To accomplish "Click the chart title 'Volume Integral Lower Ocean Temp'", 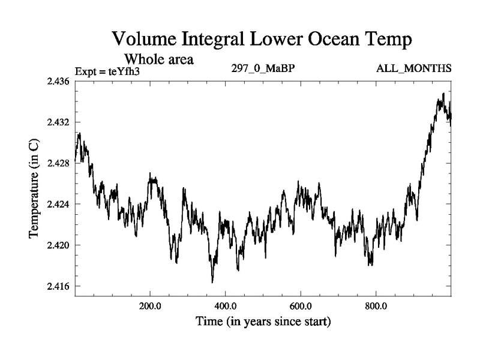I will click(262, 40).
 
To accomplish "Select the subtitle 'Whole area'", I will click(158, 59).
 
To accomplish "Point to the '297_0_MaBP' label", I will click(263, 68).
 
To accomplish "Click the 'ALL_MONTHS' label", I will click(414, 68).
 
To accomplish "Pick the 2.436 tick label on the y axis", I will click(58, 81).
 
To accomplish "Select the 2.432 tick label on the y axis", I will click(58, 122).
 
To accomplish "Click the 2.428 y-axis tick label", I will click(58, 163).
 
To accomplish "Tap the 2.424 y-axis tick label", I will click(58, 205).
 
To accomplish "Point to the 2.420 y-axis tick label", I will click(58, 245).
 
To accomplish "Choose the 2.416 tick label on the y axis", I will click(58, 286).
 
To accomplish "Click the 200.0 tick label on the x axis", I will click(150, 307).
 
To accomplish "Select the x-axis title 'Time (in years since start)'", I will click(263, 322).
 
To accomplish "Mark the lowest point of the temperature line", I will click(212, 282).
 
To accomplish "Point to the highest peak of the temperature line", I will click(443, 94).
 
